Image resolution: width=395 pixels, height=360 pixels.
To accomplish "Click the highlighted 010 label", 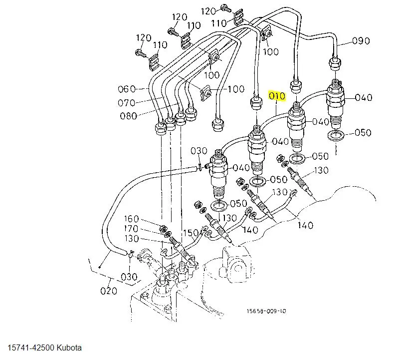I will (276, 95).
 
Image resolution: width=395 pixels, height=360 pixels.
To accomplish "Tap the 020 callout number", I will (109, 291).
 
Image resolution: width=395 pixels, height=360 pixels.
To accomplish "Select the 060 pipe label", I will (127, 89).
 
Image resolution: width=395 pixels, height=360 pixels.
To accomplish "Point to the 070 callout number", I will (126, 103).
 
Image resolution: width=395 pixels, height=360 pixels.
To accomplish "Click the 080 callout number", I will (128, 117).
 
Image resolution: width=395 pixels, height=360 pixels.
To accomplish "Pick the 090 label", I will (361, 41).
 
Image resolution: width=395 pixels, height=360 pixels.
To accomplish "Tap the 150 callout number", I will (191, 233).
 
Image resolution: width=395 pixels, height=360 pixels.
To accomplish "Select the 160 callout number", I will (132, 219).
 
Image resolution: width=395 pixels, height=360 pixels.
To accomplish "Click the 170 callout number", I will (132, 229).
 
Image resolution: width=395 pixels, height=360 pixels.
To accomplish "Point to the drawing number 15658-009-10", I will (266, 311).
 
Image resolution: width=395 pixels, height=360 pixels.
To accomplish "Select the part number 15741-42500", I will (30, 348).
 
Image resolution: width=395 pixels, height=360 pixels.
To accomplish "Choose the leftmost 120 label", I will (143, 38).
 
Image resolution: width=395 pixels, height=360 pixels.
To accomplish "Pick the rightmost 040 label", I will (363, 98).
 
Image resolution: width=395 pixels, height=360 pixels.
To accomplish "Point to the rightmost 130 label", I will (321, 170).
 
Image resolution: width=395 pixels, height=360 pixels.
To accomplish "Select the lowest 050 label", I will (238, 204).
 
